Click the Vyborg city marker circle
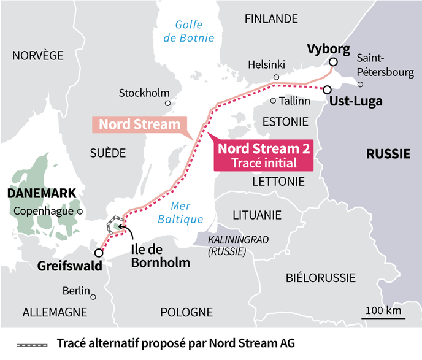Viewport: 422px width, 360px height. [332, 62]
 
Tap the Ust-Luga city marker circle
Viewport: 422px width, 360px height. [327, 89]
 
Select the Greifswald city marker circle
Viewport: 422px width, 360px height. [99, 253]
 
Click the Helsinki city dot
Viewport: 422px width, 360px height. [277, 77]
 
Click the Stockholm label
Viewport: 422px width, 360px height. [144, 93]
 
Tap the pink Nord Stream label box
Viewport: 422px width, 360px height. [140, 124]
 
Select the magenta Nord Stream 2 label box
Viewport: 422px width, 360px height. [264, 156]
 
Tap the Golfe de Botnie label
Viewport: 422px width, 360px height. [194, 31]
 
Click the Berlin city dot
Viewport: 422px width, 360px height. [93, 296]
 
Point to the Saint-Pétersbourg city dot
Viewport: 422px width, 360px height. [361, 85]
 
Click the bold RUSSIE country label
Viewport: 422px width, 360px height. [388, 154]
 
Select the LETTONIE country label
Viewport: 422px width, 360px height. [278, 182]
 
